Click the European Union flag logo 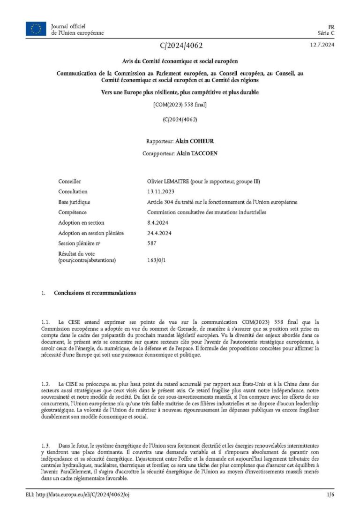[36, 29]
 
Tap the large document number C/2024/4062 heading [181, 46]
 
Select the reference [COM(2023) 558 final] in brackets [180, 105]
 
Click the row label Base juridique [74, 202]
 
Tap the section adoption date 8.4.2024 [155, 222]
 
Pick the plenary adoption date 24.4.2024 [157, 233]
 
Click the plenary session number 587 [151, 244]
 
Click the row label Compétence [73, 212]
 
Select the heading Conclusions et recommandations [95, 293]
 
